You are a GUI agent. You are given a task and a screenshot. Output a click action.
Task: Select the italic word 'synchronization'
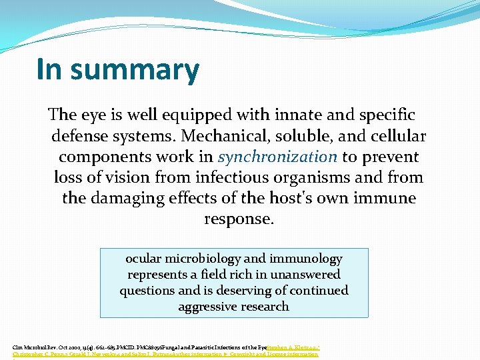coord(277,157)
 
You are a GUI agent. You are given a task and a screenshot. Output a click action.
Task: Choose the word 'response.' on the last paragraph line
coord(239,219)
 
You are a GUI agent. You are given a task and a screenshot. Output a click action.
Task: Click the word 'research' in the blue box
coord(267,307)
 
